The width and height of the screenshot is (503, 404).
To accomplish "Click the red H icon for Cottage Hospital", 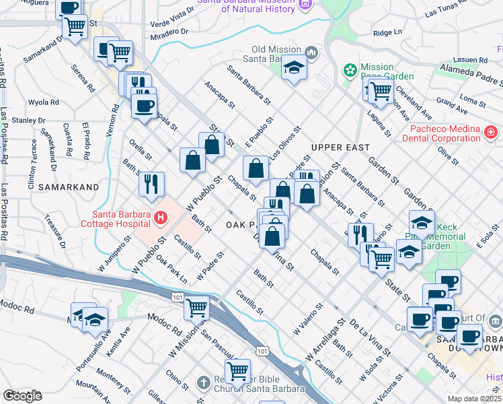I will pos(160,217).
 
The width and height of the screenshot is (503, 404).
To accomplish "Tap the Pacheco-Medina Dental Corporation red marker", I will pos(492,131).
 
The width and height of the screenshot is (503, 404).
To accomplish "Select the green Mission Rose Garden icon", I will pos(350,70).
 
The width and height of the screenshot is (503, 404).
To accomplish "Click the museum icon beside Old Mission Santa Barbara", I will pos(310,53).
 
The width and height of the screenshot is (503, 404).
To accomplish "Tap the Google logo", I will pos(23,395).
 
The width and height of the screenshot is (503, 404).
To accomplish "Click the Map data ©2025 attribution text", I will pos(474,399).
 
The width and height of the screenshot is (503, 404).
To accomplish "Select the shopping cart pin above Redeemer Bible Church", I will pos(237,370).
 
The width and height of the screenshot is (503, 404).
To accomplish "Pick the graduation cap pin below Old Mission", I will pos(294,67).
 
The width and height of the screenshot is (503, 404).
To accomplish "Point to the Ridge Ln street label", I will pos(387,32).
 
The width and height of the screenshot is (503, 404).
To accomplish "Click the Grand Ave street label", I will pos(452,106).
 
